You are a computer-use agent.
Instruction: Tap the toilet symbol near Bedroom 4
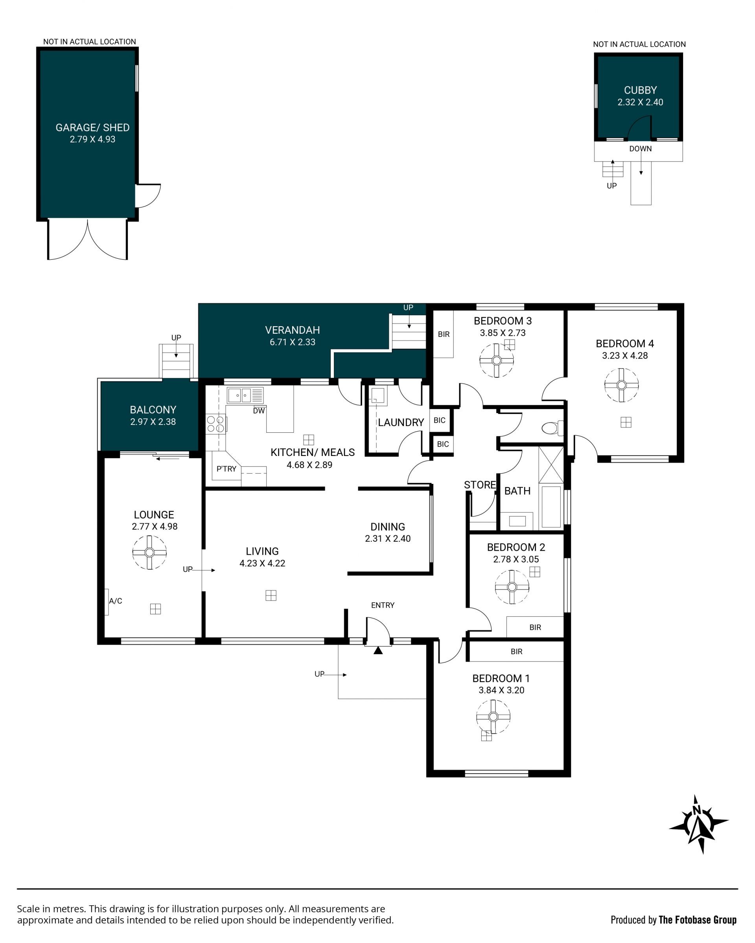pyautogui.click(x=552, y=428)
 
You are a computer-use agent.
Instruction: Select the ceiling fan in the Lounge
pyautogui.click(x=149, y=552)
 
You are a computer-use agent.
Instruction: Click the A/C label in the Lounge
pyautogui.click(x=116, y=601)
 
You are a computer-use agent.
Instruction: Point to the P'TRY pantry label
pyautogui.click(x=226, y=469)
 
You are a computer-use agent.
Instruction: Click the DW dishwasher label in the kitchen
pyautogui.click(x=259, y=411)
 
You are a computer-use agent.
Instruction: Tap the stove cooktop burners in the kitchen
pyautogui.click(x=215, y=424)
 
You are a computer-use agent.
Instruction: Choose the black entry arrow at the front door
pyautogui.click(x=378, y=651)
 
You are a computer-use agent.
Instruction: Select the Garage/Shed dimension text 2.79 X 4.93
pyautogui.click(x=92, y=139)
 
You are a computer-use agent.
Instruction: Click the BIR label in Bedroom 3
pyautogui.click(x=444, y=334)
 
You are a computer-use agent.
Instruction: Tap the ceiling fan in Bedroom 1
pyautogui.click(x=494, y=717)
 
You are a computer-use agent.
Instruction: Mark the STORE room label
pyautogui.click(x=480, y=485)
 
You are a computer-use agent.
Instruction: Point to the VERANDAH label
pyautogui.click(x=293, y=330)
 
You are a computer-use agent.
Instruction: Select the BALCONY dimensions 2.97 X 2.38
pyautogui.click(x=153, y=422)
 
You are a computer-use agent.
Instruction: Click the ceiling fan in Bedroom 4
pyautogui.click(x=622, y=385)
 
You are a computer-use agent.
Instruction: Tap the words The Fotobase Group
pyautogui.click(x=698, y=920)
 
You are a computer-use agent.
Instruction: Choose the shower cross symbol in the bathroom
pyautogui.click(x=551, y=465)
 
